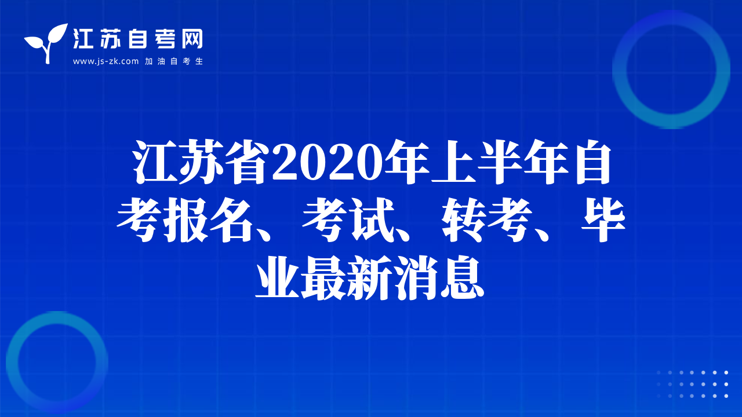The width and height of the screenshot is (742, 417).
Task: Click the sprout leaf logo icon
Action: [x=46, y=43]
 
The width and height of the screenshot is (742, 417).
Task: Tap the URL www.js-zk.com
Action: [x=106, y=61]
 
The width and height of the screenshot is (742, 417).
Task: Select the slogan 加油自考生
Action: [x=174, y=61]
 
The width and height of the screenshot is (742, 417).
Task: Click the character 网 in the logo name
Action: [x=192, y=39]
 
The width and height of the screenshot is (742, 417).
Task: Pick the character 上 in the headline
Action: [x=454, y=162]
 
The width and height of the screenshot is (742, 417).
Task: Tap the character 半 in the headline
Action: [x=500, y=162]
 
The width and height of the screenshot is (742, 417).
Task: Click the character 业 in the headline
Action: [x=277, y=277]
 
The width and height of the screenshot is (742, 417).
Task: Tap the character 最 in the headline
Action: [x=323, y=277]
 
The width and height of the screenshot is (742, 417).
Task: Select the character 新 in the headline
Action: [x=370, y=277]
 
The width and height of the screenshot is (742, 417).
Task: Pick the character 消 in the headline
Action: [x=416, y=277]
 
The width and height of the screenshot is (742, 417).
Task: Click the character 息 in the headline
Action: [x=463, y=277]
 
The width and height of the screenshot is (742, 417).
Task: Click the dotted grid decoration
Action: [x=692, y=384]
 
